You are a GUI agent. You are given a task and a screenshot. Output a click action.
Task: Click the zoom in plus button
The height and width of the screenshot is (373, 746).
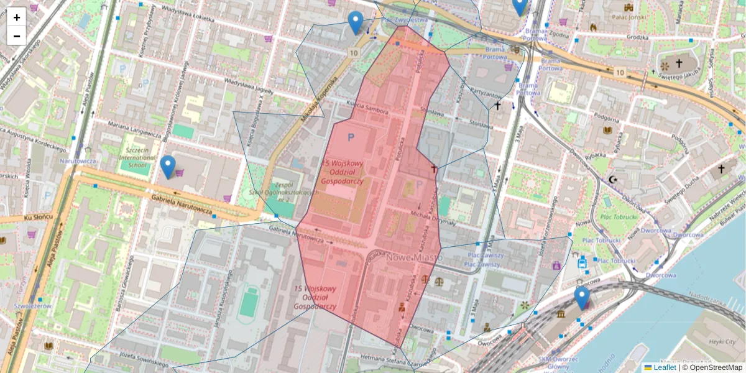coord(17,17)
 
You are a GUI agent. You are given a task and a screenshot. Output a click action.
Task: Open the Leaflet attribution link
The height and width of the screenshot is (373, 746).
coord(664,367)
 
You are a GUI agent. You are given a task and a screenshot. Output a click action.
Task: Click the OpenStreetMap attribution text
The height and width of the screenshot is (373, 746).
coord(715,367)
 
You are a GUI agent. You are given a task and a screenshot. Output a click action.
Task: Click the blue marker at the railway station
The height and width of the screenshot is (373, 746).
coord(581,298)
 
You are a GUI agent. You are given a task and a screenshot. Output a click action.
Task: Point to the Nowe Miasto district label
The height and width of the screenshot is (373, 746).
coord(415,257)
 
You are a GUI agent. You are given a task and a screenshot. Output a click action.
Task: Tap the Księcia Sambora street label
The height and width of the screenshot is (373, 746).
coord(367,109)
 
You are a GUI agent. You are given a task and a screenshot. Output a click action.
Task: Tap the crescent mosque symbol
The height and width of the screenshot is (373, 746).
coord(614,180)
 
